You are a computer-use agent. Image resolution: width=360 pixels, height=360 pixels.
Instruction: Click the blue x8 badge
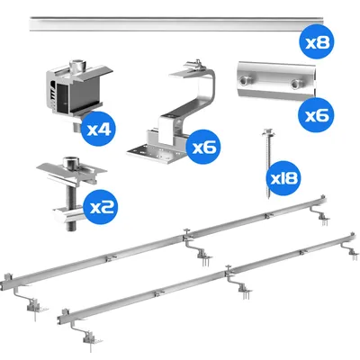[317, 41]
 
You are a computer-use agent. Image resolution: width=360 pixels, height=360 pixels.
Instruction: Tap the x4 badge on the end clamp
[98, 129]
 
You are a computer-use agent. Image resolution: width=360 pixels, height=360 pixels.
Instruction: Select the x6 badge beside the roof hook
[203, 147]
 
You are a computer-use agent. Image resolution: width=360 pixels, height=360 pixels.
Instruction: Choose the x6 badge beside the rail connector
[316, 115]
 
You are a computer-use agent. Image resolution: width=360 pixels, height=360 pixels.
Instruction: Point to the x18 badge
[283, 178]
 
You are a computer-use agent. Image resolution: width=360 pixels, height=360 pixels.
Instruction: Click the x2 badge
[100, 207]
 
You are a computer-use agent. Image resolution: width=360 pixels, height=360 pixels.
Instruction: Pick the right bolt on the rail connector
[296, 85]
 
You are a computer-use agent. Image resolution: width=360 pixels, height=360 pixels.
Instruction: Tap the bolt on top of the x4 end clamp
[76, 65]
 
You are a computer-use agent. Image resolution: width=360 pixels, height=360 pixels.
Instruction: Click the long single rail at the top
[177, 23]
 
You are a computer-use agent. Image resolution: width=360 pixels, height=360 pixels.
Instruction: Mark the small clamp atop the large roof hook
[193, 65]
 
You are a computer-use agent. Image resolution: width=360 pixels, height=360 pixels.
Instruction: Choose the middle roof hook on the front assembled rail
[239, 285]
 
